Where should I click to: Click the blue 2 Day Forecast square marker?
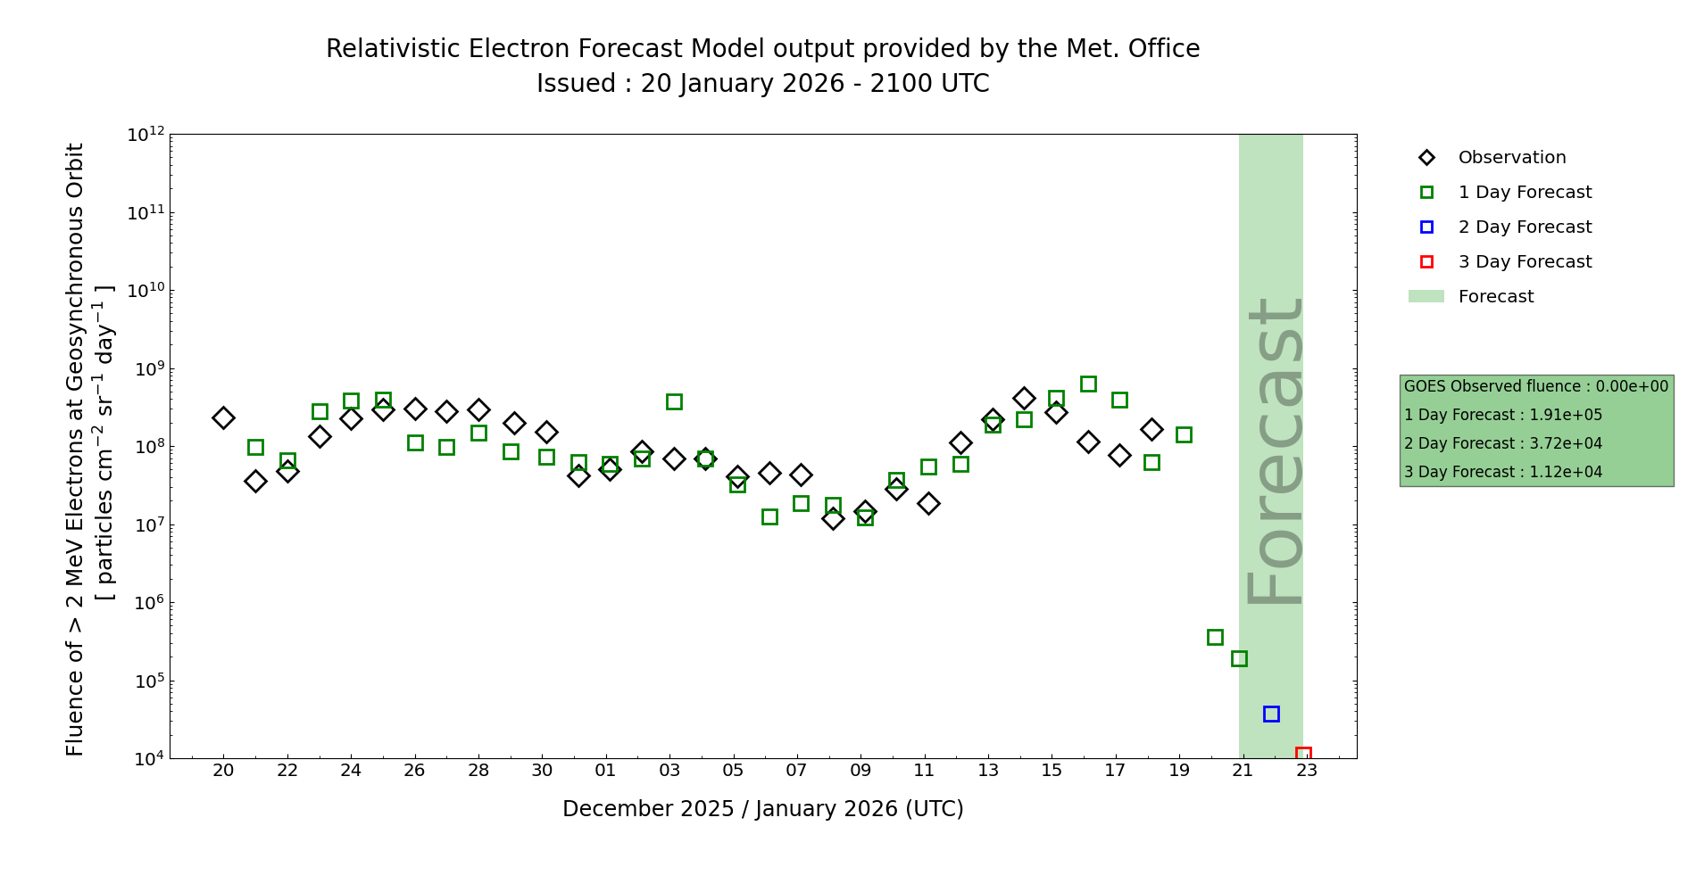tap(1271, 714)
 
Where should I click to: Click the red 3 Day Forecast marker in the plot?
tap(1303, 755)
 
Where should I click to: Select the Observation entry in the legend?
tap(1511, 158)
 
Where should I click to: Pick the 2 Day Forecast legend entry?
tap(1525, 227)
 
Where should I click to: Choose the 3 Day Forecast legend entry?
tap(1525, 262)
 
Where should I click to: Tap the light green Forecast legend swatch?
tap(1426, 296)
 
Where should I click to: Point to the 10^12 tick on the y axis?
tap(146, 135)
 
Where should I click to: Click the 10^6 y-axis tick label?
tap(146, 603)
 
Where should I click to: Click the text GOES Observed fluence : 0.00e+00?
tap(1536, 386)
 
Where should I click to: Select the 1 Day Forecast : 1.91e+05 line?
tap(1503, 415)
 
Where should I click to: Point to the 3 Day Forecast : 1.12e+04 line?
tap(1503, 472)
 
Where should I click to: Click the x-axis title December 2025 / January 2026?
tap(763, 809)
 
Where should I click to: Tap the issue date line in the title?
tap(763, 84)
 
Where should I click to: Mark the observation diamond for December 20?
tap(223, 417)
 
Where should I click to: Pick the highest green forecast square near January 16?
tap(1088, 384)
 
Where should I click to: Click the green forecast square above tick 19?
tap(1184, 434)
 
